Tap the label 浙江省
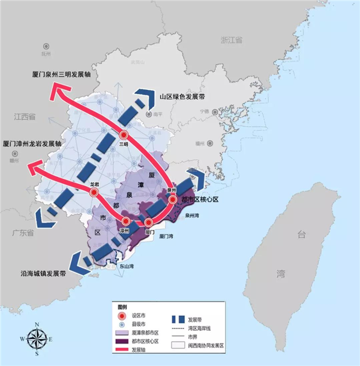(x=231, y=39)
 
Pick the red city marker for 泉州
(x=172, y=199)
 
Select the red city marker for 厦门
(x=149, y=222)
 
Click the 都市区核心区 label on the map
(x=200, y=199)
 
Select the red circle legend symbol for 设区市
(x=121, y=316)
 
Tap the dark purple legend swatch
(x=123, y=341)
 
